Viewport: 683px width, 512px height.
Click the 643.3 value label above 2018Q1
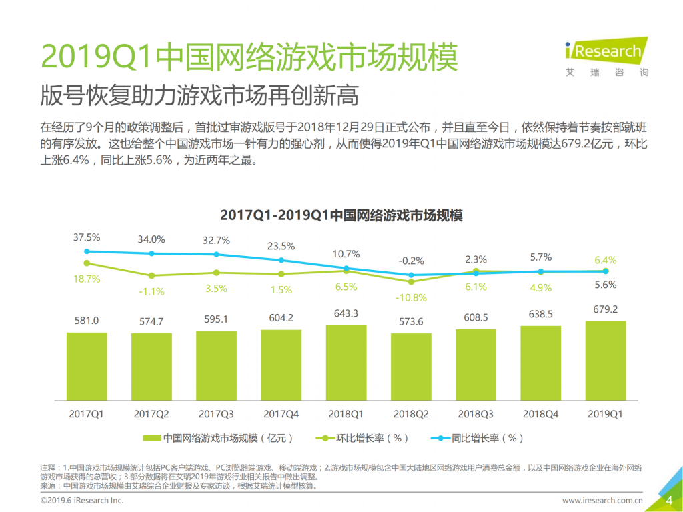coord(346,313)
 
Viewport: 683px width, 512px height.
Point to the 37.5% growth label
coord(87,237)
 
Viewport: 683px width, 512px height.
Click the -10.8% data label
coord(410,297)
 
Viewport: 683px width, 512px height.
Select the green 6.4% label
coord(605,259)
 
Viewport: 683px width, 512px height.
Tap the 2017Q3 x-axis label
coord(216,413)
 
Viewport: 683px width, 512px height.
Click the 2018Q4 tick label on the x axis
coord(540,413)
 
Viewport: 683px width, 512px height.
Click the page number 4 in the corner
coord(668,500)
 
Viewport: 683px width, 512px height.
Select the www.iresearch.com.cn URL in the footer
coord(602,500)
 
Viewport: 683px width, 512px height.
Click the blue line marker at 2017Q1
coord(87,251)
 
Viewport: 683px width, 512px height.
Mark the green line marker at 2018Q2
coord(411,281)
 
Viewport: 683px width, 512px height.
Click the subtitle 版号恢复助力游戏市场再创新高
coord(199,95)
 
